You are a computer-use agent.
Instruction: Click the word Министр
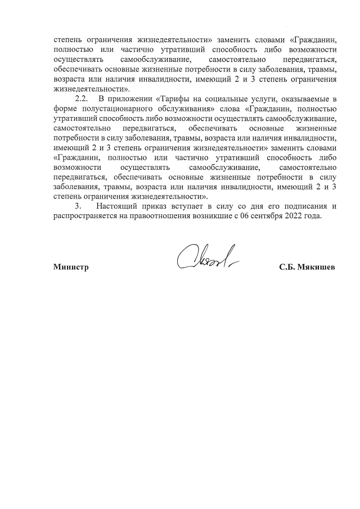click(x=71, y=267)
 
